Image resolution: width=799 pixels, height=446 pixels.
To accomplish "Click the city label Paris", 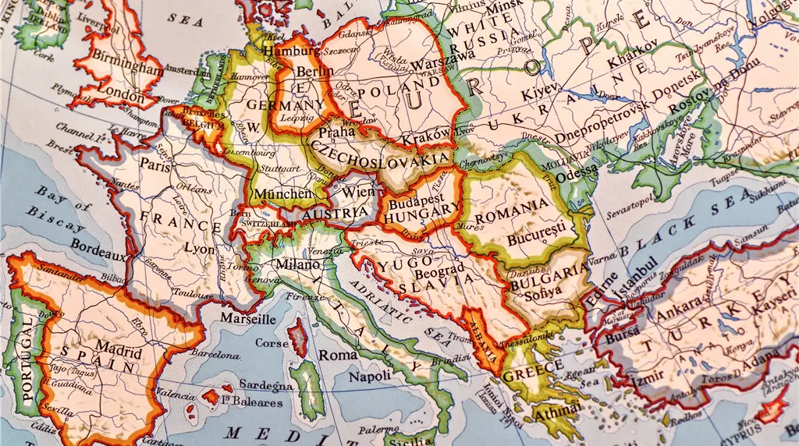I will (155, 165).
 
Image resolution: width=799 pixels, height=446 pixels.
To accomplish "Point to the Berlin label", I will (314, 72).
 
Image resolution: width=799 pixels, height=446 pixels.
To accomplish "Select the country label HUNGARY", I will (422, 210).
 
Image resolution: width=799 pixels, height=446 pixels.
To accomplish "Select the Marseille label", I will (247, 318).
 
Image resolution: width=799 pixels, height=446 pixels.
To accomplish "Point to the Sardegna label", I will (265, 384).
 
